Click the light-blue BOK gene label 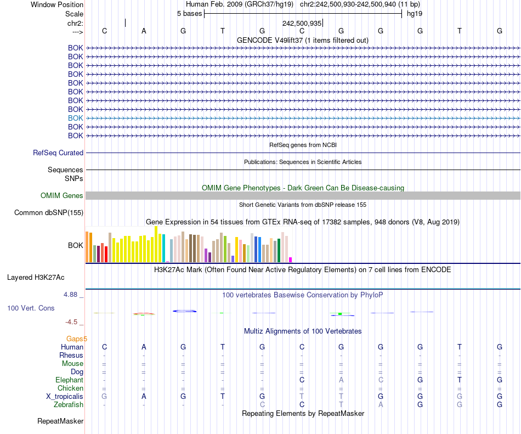click(x=76, y=118)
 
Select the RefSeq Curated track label click(x=58, y=153)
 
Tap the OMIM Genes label click(x=62, y=196)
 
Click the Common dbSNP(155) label click(x=49, y=213)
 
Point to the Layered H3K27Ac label click(x=36, y=277)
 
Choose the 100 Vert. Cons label click(x=31, y=308)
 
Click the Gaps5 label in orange click(x=77, y=339)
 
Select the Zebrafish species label click(x=69, y=405)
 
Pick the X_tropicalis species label click(x=65, y=397)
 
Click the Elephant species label click(x=69, y=380)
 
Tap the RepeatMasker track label click(x=60, y=421)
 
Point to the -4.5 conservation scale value click(x=72, y=322)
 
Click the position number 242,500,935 click(x=302, y=24)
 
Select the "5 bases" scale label click(x=189, y=14)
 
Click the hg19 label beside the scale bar click(x=414, y=14)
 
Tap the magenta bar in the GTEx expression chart click(x=291, y=260)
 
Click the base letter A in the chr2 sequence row click(x=144, y=31)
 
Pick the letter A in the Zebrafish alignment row click(x=381, y=405)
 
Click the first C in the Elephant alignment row click(x=302, y=380)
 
